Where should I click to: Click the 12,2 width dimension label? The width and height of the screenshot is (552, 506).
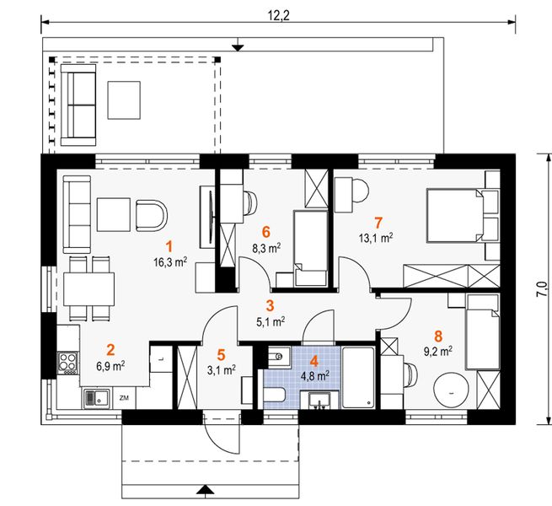[278, 16]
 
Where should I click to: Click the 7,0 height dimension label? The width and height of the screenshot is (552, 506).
[543, 289]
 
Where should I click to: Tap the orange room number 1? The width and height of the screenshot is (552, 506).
[169, 246]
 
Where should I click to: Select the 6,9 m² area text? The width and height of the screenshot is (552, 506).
[110, 366]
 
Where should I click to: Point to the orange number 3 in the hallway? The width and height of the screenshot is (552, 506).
[270, 305]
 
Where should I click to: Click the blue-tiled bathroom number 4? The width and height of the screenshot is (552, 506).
[314, 362]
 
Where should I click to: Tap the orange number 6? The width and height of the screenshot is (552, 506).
[266, 232]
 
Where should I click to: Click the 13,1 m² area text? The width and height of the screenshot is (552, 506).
[376, 239]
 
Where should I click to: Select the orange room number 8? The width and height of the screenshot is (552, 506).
[438, 336]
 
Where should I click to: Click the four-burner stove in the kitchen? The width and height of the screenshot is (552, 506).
[68, 363]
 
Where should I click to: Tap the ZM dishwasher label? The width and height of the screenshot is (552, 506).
[124, 398]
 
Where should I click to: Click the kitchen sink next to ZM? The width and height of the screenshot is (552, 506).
[97, 398]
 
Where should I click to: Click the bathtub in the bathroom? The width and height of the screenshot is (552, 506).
[358, 378]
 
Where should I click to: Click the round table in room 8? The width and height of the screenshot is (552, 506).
[452, 391]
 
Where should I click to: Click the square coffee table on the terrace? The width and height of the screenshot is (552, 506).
[124, 100]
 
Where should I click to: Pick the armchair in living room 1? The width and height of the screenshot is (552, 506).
[151, 216]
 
